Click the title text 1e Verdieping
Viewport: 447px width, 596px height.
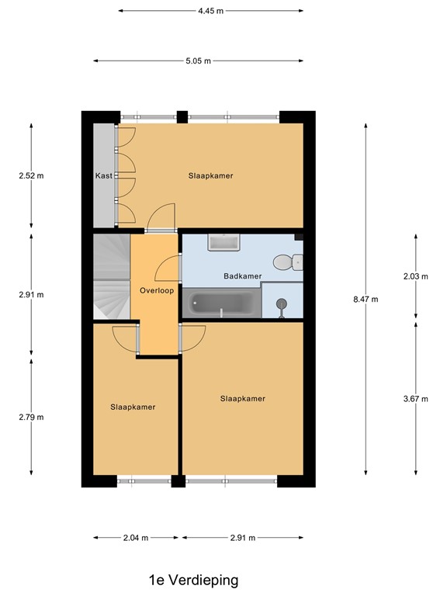(x=194, y=580)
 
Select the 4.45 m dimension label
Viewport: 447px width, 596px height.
(x=210, y=11)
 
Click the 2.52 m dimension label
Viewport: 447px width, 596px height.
(x=31, y=175)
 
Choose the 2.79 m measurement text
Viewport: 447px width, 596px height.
(x=31, y=417)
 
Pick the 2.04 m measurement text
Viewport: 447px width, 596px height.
(x=136, y=537)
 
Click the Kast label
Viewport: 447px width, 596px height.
(x=104, y=176)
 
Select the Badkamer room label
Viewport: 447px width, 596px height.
(x=242, y=276)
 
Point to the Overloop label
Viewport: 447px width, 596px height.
(x=155, y=290)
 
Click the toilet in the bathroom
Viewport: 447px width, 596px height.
(x=293, y=262)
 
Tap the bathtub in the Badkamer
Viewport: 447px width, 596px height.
(x=221, y=304)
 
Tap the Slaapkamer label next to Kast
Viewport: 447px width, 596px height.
(x=210, y=176)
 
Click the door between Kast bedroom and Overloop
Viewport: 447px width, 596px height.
(x=161, y=219)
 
